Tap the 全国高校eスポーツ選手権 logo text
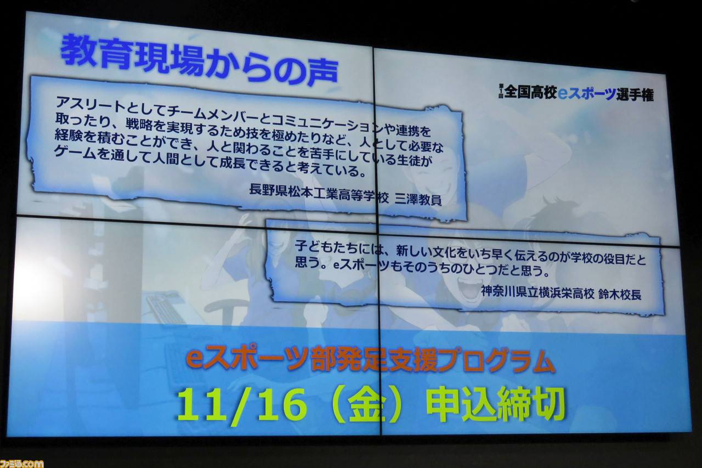(576, 93)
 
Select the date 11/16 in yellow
(241, 405)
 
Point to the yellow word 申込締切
(495, 404)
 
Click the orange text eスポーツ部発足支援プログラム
(370, 360)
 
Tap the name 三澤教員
(418, 199)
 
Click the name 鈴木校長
(619, 295)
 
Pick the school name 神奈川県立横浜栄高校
(537, 292)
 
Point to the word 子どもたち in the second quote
(326, 247)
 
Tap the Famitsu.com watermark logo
(21, 463)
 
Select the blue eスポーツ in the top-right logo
(587, 93)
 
